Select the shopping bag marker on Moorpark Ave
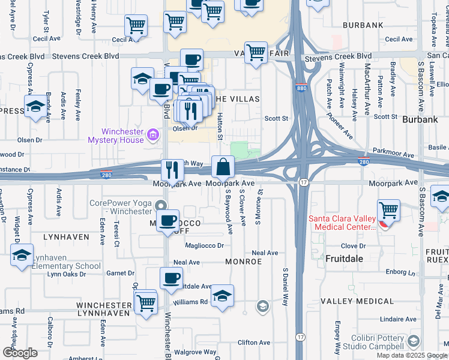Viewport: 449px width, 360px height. [223, 166]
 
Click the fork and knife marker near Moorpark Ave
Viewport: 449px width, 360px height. [172, 170]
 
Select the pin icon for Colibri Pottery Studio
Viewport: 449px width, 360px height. [412, 341]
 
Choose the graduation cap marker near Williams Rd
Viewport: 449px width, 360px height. [222, 296]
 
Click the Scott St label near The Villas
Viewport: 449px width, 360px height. [277, 119]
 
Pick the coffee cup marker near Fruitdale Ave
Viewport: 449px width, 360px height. [171, 278]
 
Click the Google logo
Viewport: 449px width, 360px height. [20, 353]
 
